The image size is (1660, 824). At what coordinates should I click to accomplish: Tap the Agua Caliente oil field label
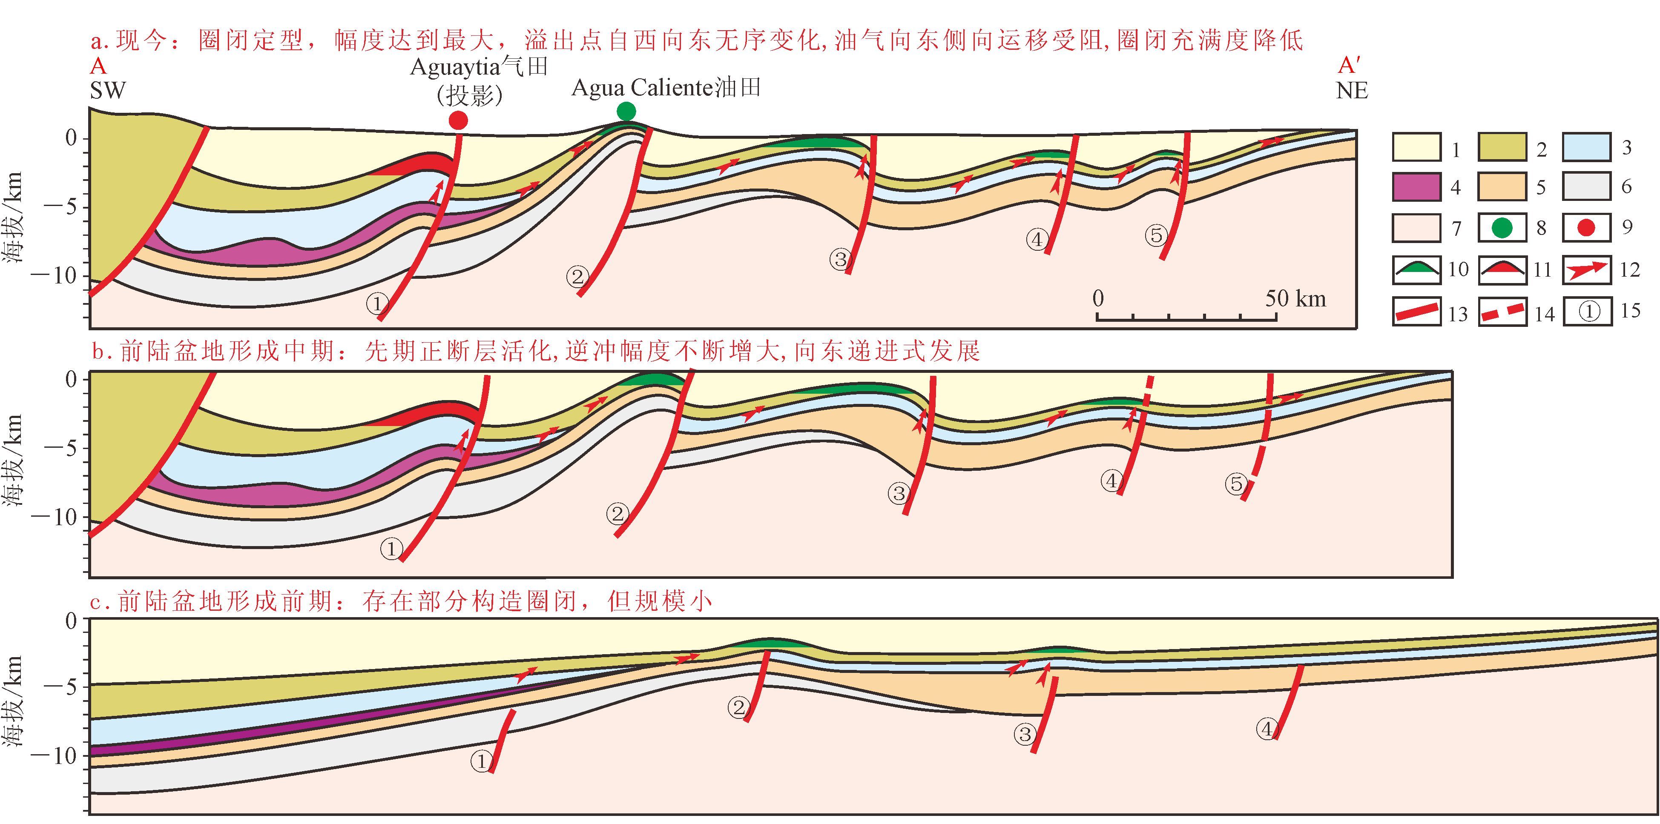[666, 88]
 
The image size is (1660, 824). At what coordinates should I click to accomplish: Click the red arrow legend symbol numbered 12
[1586, 269]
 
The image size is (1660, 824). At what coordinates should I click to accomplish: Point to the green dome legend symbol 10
[1416, 269]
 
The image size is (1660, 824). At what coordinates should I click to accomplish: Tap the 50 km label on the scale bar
[1295, 298]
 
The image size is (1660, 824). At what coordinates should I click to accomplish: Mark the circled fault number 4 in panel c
[1267, 729]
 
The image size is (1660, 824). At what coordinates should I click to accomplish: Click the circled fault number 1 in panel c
[481, 761]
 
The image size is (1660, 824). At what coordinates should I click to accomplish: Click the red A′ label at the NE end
[1349, 66]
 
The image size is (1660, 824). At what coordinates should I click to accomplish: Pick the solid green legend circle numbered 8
[1502, 227]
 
